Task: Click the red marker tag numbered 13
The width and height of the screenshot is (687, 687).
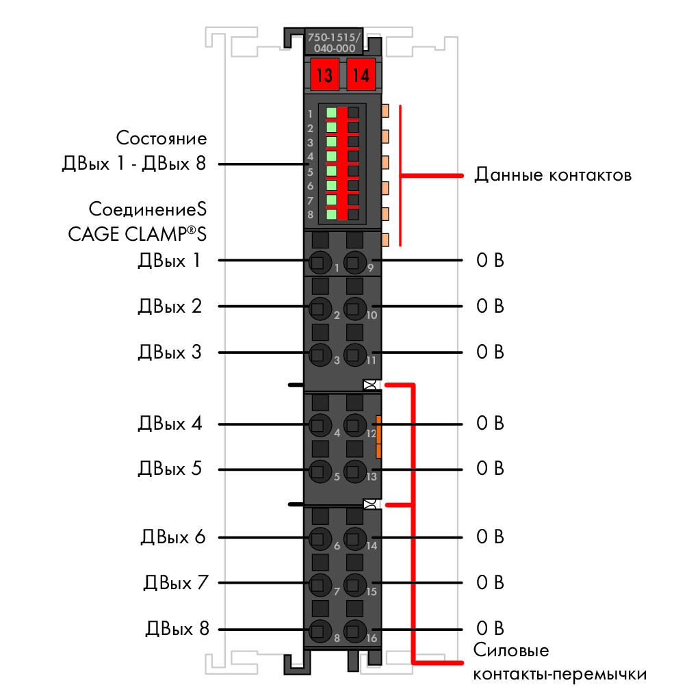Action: pyautogui.click(x=324, y=75)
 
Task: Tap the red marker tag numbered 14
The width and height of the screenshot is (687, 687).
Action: pyautogui.click(x=361, y=75)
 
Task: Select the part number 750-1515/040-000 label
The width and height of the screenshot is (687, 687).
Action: pyautogui.click(x=334, y=42)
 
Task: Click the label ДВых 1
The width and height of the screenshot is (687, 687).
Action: pyautogui.click(x=169, y=260)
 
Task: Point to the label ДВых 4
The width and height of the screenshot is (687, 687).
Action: pyautogui.click(x=170, y=424)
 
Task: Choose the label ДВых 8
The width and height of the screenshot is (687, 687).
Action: pyautogui.click(x=177, y=629)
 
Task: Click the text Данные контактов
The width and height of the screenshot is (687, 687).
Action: pyautogui.click(x=553, y=174)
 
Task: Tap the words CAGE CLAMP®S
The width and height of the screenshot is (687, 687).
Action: pyautogui.click(x=137, y=234)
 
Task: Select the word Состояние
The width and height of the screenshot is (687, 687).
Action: pyautogui.click(x=161, y=138)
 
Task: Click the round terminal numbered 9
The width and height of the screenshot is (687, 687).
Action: pyautogui.click(x=354, y=262)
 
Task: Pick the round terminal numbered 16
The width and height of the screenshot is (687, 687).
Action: pyautogui.click(x=354, y=631)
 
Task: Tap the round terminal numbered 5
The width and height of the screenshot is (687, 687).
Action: pyautogui.click(x=320, y=471)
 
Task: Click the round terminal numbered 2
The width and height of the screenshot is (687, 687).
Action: pyautogui.click(x=320, y=308)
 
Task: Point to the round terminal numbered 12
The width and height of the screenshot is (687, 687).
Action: pyautogui.click(x=354, y=424)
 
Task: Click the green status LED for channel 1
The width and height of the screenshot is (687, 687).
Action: pyautogui.click(x=331, y=113)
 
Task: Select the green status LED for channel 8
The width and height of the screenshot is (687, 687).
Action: pyautogui.click(x=331, y=214)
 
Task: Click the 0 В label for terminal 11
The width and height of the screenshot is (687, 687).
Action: pyautogui.click(x=490, y=352)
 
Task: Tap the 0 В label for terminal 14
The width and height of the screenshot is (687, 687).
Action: pyautogui.click(x=490, y=537)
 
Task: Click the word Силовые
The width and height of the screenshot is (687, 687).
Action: pyautogui.click(x=511, y=650)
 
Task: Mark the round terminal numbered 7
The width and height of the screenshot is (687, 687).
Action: pyautogui.click(x=320, y=585)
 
